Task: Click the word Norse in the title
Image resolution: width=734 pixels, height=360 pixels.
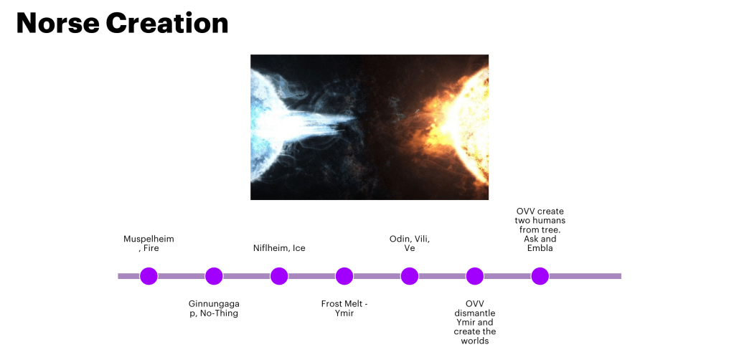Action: coord(57,24)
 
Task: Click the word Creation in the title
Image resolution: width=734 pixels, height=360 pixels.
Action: coord(167,24)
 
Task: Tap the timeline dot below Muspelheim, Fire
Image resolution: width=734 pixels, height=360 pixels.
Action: coord(149,276)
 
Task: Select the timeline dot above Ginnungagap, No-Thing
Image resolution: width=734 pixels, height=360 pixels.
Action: coord(214,276)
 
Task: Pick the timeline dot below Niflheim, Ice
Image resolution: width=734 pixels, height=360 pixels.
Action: coord(279,276)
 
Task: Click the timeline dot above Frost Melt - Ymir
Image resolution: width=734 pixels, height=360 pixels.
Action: coord(344,276)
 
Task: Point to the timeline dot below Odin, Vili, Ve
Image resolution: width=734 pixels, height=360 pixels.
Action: coord(410,276)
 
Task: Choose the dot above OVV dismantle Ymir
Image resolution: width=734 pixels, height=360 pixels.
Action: coord(475,276)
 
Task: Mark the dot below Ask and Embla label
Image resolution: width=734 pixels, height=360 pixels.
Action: coord(540,276)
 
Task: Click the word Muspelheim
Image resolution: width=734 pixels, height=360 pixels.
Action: coord(149,240)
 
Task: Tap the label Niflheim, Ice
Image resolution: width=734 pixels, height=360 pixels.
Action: coord(279,248)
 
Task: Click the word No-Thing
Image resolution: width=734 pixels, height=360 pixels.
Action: coord(219,313)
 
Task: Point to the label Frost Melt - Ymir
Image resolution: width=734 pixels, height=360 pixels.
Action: coord(344,308)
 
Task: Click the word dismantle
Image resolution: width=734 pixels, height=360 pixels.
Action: coord(475,313)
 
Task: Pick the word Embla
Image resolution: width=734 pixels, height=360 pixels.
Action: coord(540,248)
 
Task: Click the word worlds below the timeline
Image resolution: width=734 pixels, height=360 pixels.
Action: coord(475,341)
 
